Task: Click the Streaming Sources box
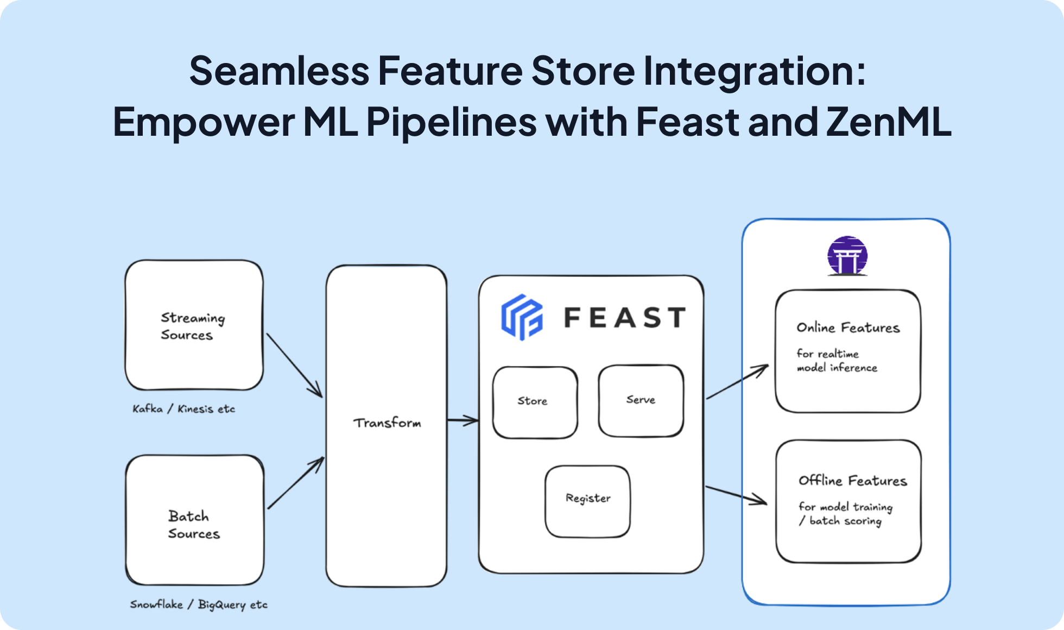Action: click(194, 325)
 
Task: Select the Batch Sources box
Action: click(194, 520)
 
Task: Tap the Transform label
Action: click(387, 423)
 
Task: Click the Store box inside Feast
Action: click(534, 402)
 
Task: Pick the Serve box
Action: click(641, 400)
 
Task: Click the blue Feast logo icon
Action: click(522, 317)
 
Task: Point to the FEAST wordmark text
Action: click(624, 318)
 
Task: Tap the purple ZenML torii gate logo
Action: click(847, 256)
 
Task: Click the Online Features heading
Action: click(848, 328)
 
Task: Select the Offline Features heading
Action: click(852, 481)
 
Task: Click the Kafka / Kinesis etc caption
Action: click(183, 409)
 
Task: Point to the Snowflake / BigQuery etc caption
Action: click(199, 604)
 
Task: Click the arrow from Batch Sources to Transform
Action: click(295, 484)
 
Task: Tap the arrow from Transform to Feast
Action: click(462, 420)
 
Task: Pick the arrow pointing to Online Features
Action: click(737, 382)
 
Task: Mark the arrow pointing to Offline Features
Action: click(736, 495)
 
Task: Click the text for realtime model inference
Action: click(836, 361)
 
